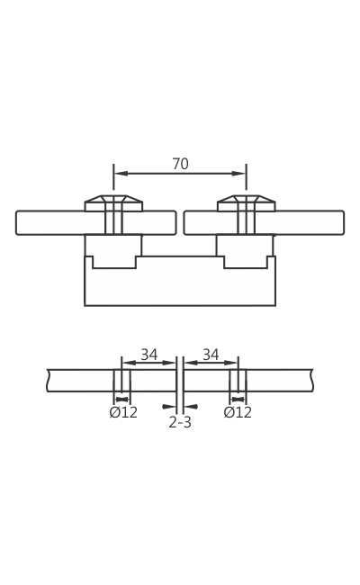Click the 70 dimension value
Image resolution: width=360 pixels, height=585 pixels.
(180, 165)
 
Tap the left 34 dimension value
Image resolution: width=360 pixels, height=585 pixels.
(148, 355)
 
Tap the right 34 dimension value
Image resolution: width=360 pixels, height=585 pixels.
(211, 355)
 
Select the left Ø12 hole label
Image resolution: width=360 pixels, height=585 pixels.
(123, 413)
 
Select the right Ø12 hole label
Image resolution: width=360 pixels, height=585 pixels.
(238, 413)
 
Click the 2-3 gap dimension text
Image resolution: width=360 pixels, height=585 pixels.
(180, 423)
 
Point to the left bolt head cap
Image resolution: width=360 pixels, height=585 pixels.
(113, 200)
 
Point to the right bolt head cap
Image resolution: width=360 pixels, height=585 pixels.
(246, 200)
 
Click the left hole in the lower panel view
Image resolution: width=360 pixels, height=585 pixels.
(121, 381)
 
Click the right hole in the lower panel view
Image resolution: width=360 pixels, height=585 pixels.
(238, 381)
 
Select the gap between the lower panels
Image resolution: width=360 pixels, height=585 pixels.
(180, 380)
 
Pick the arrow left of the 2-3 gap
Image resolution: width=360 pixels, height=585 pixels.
(168, 407)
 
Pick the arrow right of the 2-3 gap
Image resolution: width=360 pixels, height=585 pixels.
(192, 407)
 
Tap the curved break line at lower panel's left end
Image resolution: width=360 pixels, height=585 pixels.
(48, 381)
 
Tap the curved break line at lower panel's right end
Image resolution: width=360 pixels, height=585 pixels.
(312, 381)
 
